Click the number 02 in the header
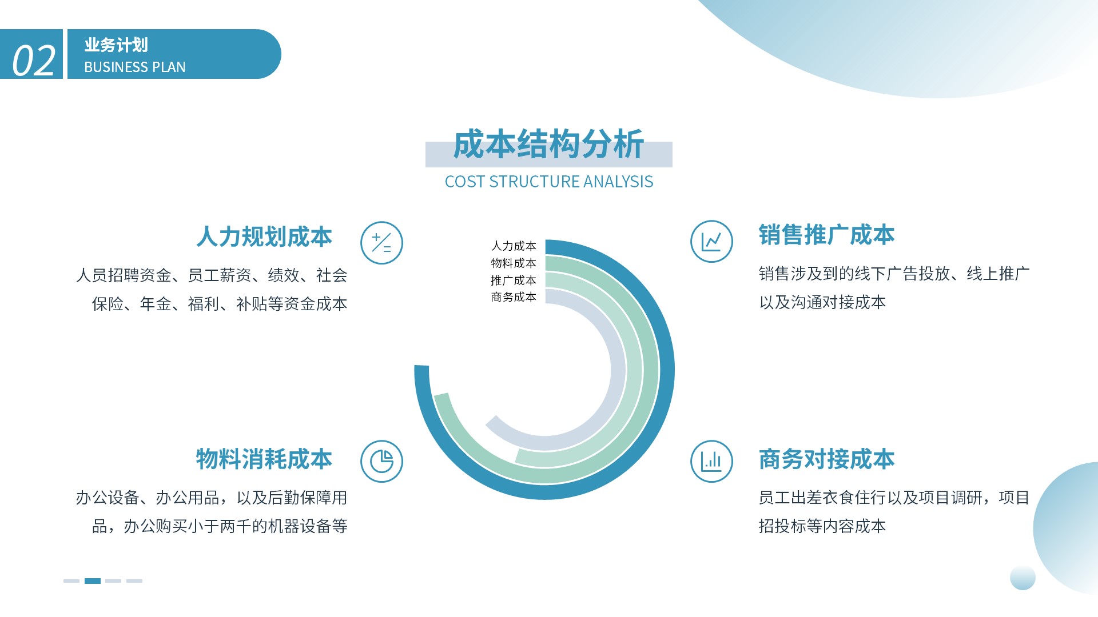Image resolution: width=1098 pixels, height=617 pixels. point(34,61)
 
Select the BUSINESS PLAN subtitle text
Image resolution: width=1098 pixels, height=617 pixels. point(135,67)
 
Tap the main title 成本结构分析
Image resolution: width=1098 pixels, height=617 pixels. point(548,144)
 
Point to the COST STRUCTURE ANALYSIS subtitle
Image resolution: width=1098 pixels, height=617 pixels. point(549,182)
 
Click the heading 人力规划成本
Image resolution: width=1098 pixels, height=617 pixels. point(264,237)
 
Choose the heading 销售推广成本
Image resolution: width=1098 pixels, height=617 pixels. point(826,235)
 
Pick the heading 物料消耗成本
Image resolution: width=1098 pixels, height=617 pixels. point(264,459)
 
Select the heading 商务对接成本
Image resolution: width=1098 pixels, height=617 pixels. point(826,459)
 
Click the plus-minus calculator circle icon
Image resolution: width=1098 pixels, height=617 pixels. point(381,243)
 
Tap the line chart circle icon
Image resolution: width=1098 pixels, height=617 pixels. point(711,242)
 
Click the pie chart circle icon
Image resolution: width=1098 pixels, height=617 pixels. point(381,461)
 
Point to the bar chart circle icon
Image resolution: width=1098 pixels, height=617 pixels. point(711,461)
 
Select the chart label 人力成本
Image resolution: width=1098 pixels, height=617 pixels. point(514,246)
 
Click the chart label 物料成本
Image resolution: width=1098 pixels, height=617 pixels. point(514,263)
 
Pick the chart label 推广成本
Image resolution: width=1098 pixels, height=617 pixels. point(514,281)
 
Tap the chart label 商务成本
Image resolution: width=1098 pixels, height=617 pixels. point(514,297)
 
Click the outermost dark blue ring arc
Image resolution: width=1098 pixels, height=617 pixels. point(667,370)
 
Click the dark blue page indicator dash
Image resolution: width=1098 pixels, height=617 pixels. point(93,581)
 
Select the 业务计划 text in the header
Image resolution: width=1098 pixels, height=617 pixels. point(116,45)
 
